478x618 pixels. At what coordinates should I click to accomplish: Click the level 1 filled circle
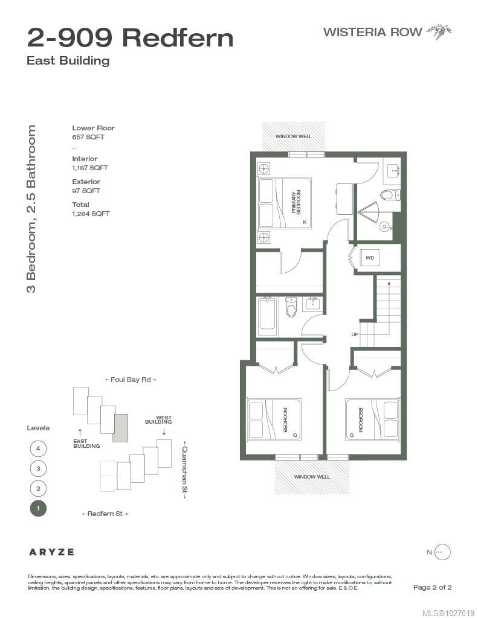point(38,508)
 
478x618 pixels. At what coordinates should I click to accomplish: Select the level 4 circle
point(38,448)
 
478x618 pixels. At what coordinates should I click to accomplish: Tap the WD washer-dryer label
point(369,258)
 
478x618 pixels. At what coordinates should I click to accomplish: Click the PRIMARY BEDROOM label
point(296,202)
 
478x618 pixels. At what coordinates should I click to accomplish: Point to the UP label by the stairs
point(355,334)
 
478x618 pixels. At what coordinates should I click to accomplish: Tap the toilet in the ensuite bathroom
point(390,194)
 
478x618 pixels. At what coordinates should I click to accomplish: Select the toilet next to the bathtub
point(291,307)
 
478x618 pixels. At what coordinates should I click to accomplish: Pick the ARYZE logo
point(51,552)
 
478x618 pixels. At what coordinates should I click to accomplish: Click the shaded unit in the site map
point(120,428)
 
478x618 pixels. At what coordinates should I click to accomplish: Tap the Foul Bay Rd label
point(131,380)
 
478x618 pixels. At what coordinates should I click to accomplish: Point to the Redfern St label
point(105,514)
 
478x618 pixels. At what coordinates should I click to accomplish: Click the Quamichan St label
point(184,470)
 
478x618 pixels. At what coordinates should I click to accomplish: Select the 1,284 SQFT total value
point(91,214)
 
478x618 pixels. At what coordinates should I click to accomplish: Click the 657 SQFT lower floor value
point(88,137)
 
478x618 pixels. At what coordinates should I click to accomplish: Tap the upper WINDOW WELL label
point(293,136)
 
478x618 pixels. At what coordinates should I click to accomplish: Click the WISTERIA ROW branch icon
point(439,31)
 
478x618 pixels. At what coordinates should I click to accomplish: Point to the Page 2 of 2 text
point(432,587)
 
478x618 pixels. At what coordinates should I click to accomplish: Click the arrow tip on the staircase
point(389,282)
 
